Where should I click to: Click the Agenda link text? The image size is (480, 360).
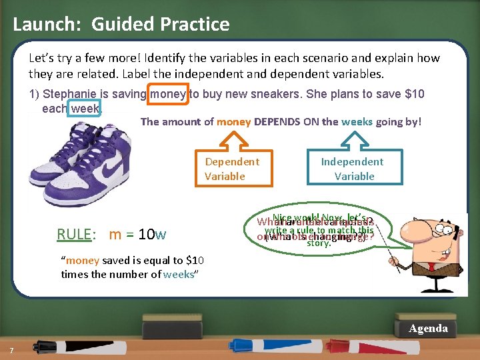[x=428, y=329]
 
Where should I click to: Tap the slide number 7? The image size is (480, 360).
[x=11, y=351]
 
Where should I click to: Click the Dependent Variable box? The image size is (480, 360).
[x=232, y=169]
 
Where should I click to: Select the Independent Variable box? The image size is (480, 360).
[x=352, y=169]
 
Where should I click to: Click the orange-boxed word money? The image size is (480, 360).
[x=169, y=94]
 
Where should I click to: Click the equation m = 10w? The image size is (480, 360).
[x=137, y=234]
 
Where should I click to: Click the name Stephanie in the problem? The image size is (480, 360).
[x=69, y=94]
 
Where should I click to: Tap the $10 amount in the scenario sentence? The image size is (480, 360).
[x=414, y=94]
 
